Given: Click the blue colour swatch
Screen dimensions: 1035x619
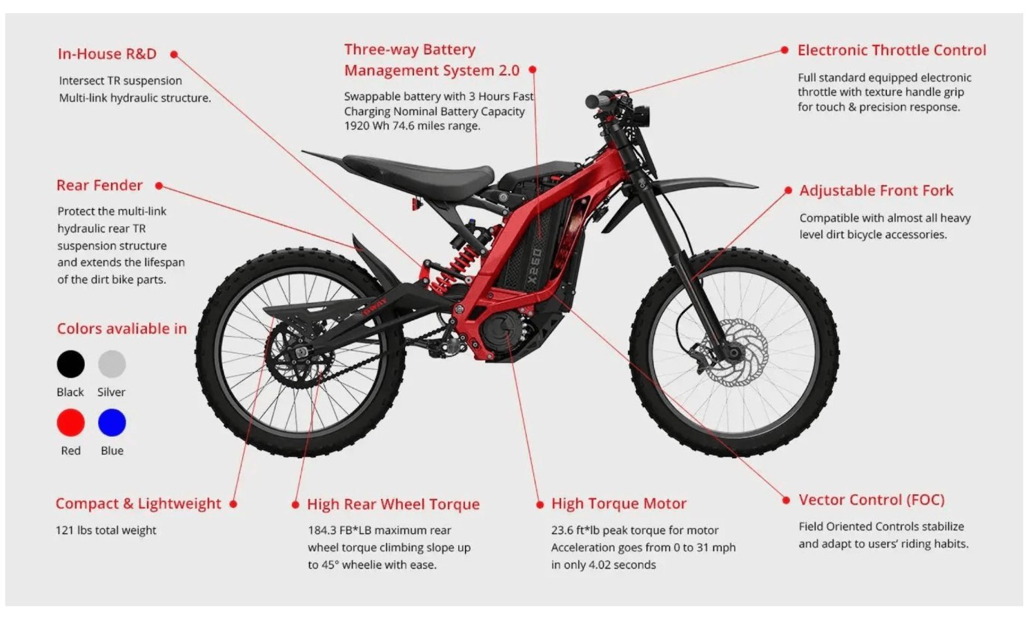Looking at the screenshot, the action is click(x=112, y=422).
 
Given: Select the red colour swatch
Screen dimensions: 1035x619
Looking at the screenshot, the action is click(x=70, y=422).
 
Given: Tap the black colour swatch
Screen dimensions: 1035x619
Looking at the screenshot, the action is click(x=70, y=364).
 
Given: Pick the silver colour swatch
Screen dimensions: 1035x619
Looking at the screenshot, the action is click(x=112, y=364).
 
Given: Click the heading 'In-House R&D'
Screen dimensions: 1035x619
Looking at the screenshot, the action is click(x=107, y=54).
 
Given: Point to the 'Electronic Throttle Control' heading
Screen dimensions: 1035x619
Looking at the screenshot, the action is click(x=891, y=50).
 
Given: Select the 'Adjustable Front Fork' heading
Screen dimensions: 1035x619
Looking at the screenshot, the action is click(x=876, y=190).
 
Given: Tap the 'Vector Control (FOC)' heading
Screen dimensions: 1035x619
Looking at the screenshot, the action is click(x=871, y=500).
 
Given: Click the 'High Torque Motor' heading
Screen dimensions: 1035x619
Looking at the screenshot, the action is click(x=619, y=504).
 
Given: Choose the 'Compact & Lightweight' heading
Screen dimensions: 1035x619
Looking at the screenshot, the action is click(x=138, y=504).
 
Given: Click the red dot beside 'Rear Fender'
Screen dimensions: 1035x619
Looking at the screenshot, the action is click(x=159, y=186).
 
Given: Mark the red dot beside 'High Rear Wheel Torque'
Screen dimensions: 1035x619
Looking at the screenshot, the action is click(x=296, y=504).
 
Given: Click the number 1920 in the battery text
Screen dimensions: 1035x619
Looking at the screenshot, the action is click(x=356, y=126).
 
